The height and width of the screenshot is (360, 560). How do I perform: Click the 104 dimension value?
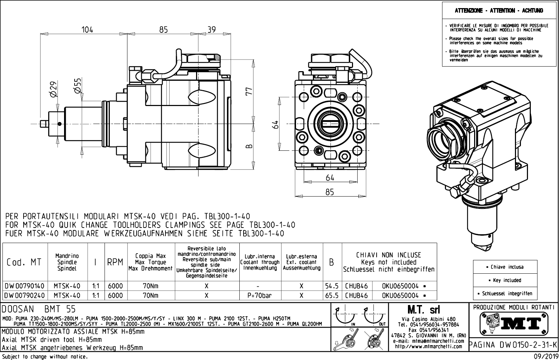[87, 30]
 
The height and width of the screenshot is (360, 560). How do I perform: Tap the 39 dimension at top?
[211, 30]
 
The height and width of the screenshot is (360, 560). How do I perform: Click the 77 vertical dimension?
[249, 92]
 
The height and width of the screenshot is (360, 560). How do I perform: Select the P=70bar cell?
[260, 296]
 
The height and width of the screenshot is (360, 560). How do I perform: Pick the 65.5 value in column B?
[332, 296]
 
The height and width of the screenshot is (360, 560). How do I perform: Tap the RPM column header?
[115, 262]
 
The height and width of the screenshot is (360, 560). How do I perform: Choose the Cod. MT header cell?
[24, 262]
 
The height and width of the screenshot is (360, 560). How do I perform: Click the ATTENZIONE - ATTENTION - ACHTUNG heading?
[499, 11]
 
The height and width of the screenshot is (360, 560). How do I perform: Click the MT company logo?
[514, 323]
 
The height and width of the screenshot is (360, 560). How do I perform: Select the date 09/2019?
[546, 356]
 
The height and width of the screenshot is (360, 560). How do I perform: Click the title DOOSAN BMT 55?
[39, 309]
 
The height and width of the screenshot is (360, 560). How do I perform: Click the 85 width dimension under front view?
[329, 192]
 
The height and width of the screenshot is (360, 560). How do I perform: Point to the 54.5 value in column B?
[332, 286]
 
